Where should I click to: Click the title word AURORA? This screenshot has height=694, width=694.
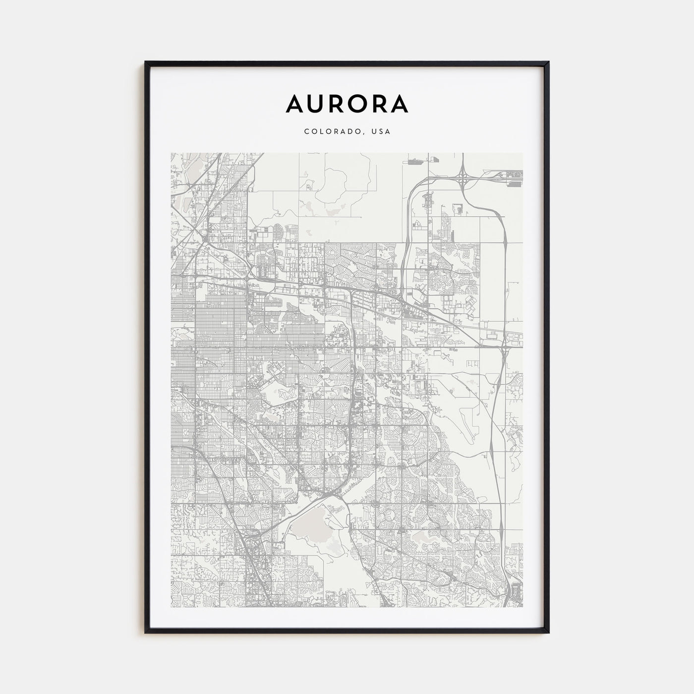tap(347, 103)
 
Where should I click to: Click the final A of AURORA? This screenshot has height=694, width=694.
tap(400, 103)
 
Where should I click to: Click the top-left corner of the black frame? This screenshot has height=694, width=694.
tap(146, 62)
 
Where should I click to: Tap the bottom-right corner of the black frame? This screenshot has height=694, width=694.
tap(549, 633)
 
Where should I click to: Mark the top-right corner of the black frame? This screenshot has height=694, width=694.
tap(549, 62)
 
